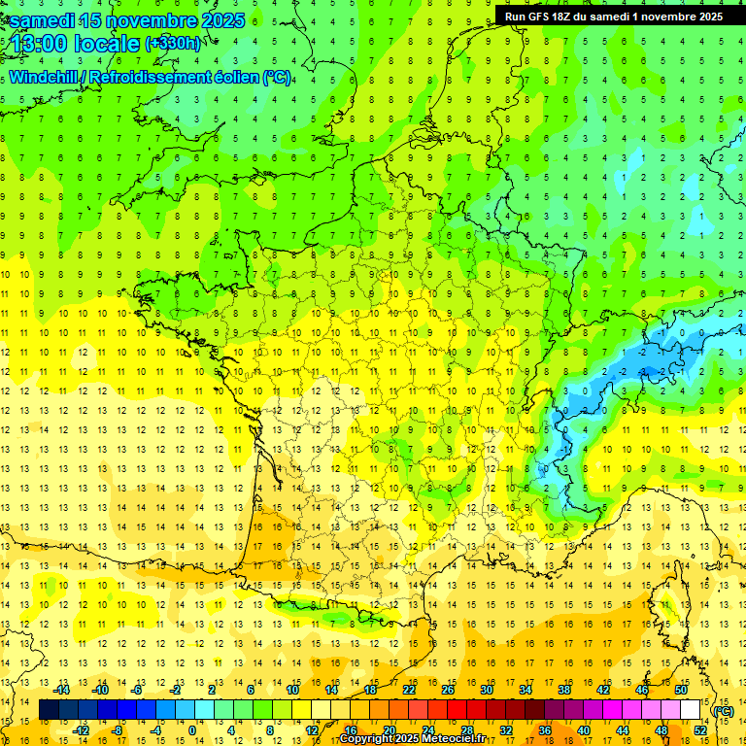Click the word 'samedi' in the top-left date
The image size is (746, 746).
pos(44,20)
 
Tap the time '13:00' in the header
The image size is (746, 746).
pos(42,45)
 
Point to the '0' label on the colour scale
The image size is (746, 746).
pos(192,730)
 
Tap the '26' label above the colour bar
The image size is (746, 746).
pos(447,690)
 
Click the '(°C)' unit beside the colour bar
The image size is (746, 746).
pos(724,710)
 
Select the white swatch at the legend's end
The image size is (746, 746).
pos(690,710)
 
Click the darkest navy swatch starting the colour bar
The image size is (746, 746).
pos(49,710)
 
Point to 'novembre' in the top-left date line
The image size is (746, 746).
pos(144,20)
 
